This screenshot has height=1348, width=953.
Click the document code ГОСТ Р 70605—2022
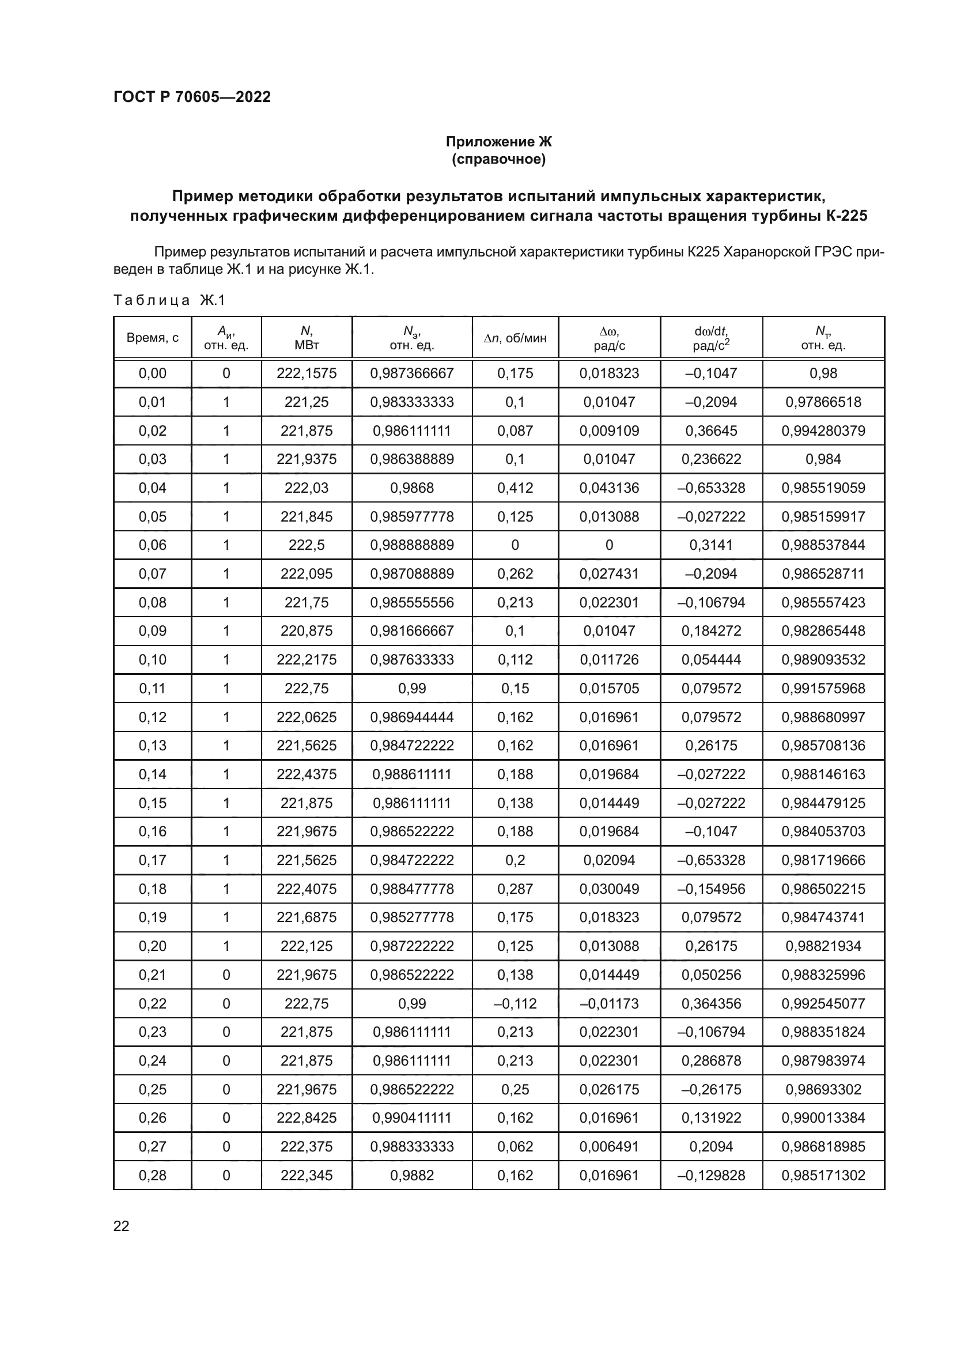pos(192,97)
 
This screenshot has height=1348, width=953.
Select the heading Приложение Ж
pos(498,142)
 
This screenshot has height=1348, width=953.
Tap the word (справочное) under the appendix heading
pos(498,159)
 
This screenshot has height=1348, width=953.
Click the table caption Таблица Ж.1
pos(169,301)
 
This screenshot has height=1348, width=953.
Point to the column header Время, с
pos(153,338)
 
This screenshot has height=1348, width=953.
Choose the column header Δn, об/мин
pos(515,338)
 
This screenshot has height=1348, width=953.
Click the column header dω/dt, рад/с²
pos(710,338)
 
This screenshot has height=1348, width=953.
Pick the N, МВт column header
pos(307,338)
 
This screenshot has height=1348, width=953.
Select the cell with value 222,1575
pos(307,373)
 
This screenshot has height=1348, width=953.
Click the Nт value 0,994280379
pos(823,431)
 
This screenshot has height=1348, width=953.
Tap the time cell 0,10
pos(153,660)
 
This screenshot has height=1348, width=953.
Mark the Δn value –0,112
pos(515,1003)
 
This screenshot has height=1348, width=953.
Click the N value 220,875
pos(307,631)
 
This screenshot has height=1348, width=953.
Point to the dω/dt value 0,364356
pos(710,1003)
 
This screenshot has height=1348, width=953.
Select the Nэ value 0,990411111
pos(412,1118)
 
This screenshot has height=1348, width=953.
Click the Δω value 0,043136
pos(608,488)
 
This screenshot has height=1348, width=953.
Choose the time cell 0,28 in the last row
pos(153,1175)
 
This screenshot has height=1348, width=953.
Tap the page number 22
pos(122,1226)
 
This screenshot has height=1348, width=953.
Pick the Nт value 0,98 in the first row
pos(823,373)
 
